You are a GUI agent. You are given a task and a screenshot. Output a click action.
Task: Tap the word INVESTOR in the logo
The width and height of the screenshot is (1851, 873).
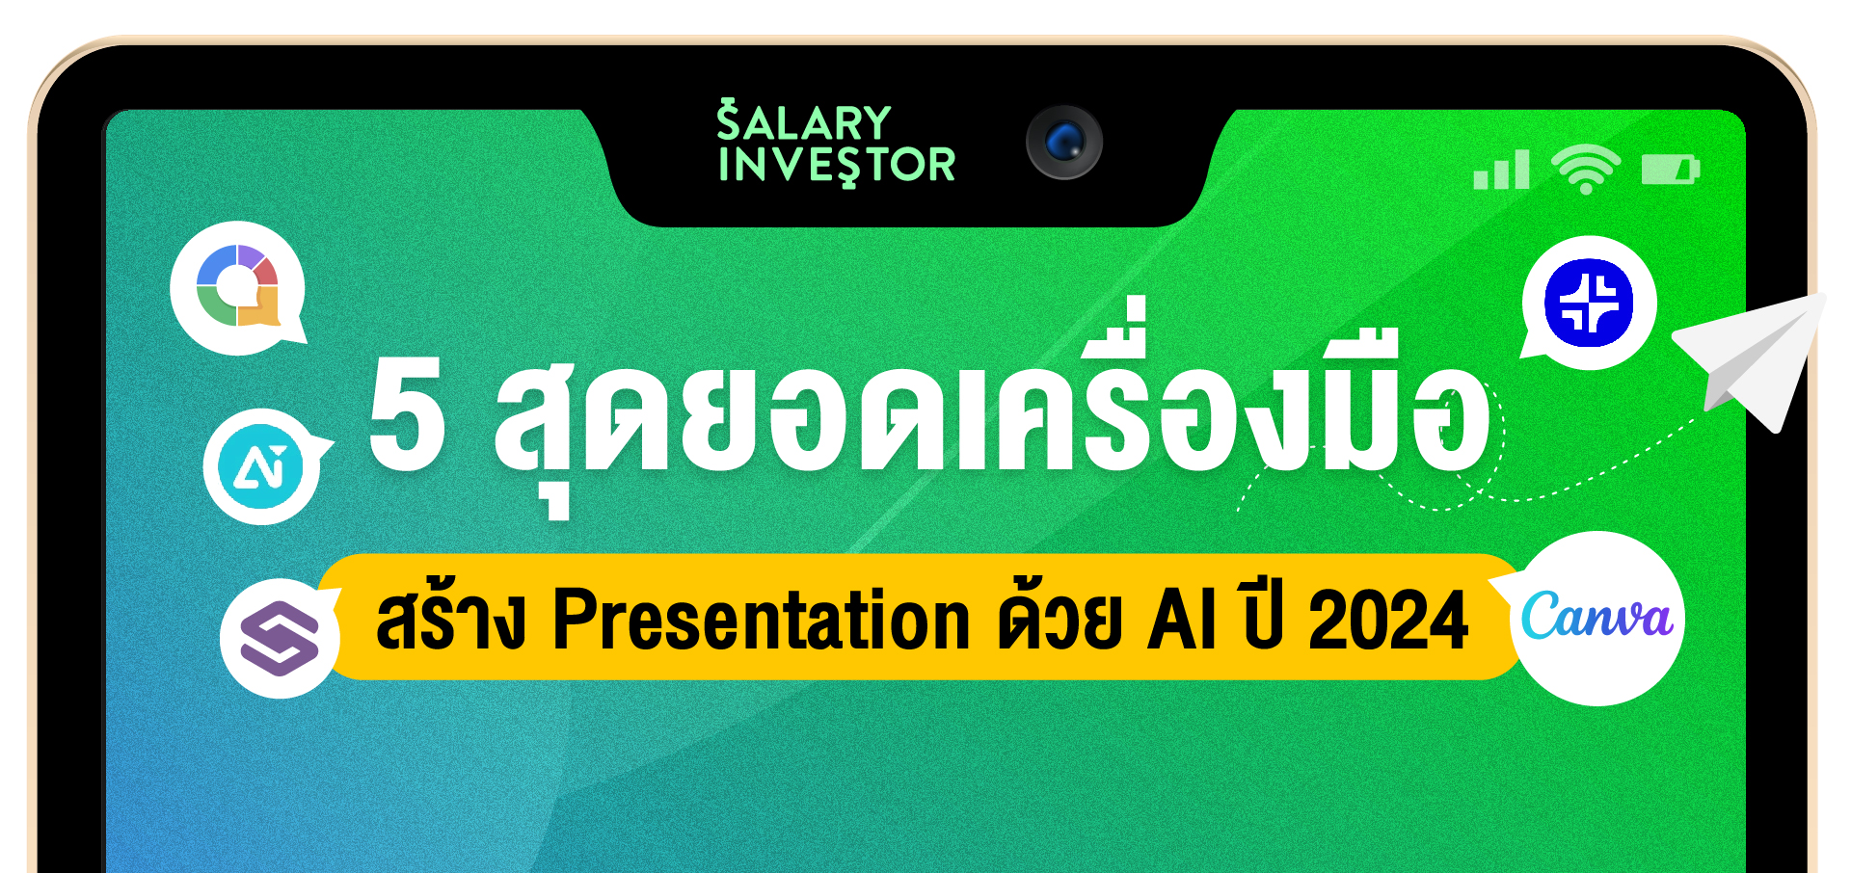point(837,165)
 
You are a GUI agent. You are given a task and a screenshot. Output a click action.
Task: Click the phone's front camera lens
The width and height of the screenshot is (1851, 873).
point(1063,143)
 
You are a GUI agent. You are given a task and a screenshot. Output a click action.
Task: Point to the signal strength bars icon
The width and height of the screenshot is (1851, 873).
point(1502,170)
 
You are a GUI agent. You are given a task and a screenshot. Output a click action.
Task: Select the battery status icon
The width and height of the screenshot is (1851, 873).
point(1671,170)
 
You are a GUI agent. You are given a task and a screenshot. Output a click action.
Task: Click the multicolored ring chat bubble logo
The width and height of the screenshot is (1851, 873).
point(238,287)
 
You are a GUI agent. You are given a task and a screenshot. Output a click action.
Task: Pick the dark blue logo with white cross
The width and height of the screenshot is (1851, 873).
point(1589,303)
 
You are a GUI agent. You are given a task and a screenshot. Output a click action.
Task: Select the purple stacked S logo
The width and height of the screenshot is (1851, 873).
point(280,638)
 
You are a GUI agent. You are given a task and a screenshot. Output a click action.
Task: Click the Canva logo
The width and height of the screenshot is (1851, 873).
point(1596,618)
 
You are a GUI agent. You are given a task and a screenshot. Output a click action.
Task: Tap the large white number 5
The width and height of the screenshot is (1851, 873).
point(408,412)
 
